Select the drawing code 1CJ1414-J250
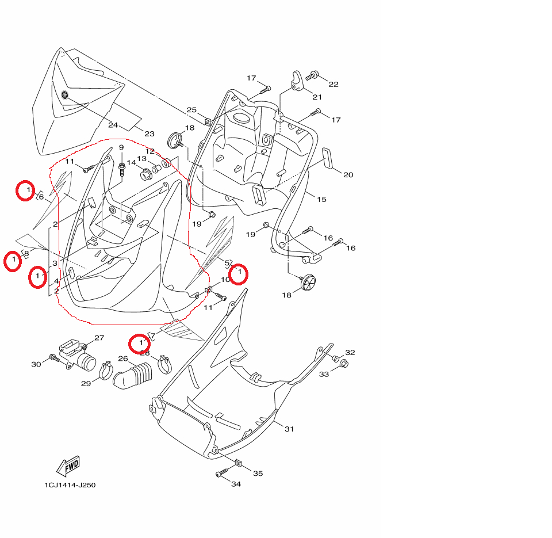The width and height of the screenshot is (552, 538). click(x=70, y=485)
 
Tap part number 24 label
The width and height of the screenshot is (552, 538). click(x=113, y=125)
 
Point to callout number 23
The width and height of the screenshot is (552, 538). click(x=149, y=133)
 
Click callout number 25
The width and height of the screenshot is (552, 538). click(x=191, y=109)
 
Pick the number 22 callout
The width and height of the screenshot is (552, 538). click(x=333, y=84)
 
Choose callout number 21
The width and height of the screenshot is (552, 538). click(x=317, y=97)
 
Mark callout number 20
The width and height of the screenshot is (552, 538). click(x=348, y=175)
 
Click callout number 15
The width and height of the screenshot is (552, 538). click(x=322, y=200)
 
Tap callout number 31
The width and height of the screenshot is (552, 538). click(x=289, y=429)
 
